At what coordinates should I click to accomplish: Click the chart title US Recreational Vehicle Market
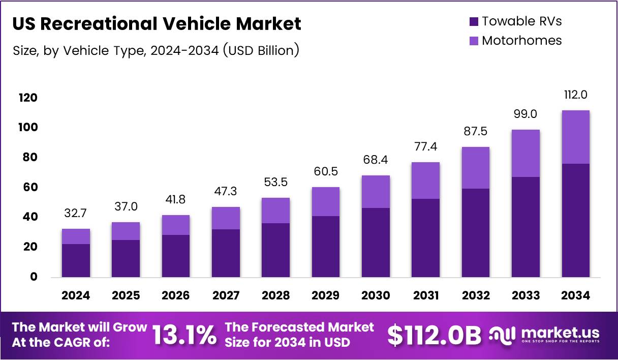point(157,24)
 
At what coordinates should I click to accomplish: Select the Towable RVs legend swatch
point(474,21)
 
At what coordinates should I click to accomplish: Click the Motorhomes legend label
point(521,41)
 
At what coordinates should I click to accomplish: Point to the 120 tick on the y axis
point(28,98)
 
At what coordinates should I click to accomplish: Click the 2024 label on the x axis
point(76,295)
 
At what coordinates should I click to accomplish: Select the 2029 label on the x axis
point(326,295)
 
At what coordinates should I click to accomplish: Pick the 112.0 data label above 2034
point(576,95)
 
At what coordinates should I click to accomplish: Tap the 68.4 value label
point(376,161)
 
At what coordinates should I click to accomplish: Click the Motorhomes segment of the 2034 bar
point(576,137)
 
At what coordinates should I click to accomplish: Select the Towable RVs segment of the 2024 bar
point(76,260)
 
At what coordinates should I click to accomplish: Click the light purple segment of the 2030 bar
point(376,192)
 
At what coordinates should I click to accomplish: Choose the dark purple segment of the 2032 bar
point(476,233)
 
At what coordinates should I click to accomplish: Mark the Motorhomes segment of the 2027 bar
point(226,218)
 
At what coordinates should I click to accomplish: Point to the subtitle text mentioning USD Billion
point(155,50)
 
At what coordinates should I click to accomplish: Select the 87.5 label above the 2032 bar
point(476,131)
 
